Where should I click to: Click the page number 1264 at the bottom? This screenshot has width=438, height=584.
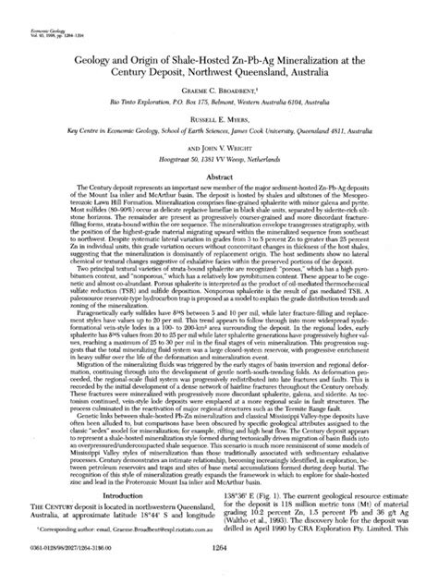pyautogui.click(x=219, y=573)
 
